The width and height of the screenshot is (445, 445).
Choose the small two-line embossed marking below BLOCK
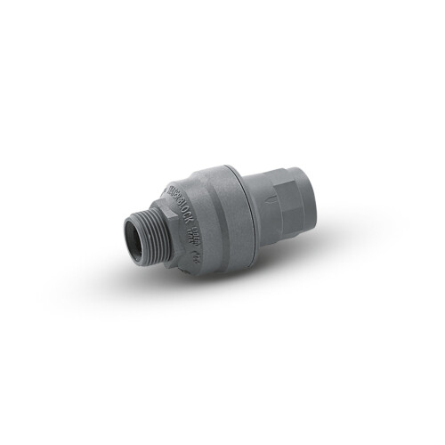[195, 233]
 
